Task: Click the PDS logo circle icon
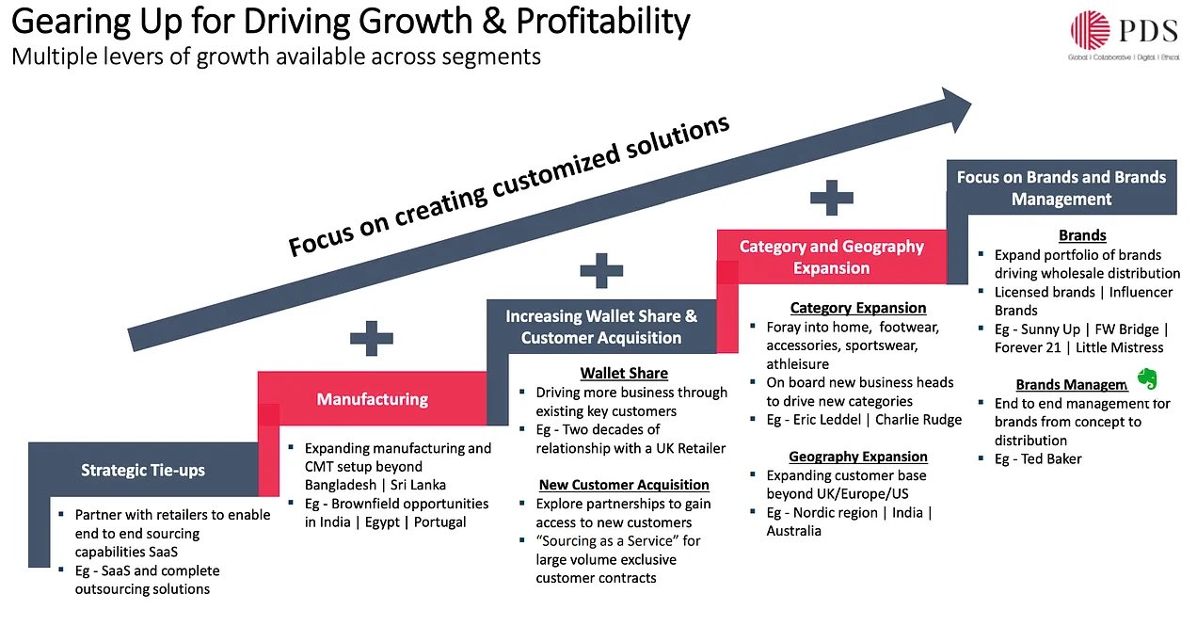1090,30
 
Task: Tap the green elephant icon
1146,378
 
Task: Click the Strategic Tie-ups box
143,470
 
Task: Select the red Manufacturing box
372,399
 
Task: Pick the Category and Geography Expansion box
831,257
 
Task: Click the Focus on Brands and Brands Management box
1061,187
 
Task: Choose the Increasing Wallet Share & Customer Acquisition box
601,327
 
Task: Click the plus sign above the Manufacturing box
372,338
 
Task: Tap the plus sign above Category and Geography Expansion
831,198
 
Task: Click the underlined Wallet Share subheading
624,374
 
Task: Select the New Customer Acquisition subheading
624,485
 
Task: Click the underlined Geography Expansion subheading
858,457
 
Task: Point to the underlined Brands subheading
1082,235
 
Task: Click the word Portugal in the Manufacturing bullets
439,522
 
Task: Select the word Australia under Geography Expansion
794,531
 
